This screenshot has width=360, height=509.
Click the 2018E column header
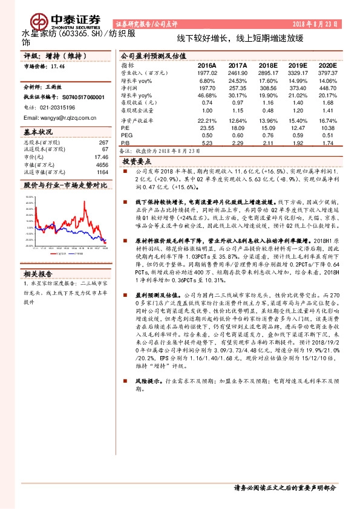click(x=269, y=65)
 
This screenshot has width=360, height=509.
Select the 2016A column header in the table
click(x=208, y=65)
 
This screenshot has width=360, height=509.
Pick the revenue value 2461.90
click(x=238, y=72)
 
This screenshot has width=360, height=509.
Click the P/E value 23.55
click(x=208, y=128)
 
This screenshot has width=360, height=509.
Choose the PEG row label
click(x=125, y=135)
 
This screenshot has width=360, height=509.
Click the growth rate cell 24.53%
click(x=238, y=80)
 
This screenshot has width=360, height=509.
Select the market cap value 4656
click(x=102, y=164)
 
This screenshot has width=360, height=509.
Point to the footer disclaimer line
click(x=284, y=487)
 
